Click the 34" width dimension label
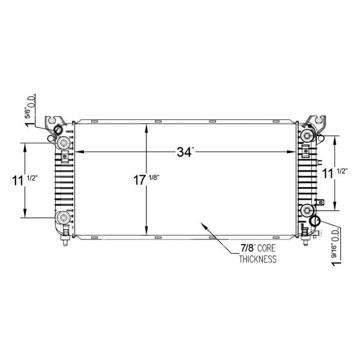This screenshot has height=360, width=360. pyautogui.click(x=185, y=152)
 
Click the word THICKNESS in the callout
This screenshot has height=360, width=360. pyautogui.click(x=258, y=260)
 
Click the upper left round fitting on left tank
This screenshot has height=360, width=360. pyautogui.click(x=63, y=142)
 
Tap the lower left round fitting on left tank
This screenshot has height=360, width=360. pyautogui.click(x=63, y=217)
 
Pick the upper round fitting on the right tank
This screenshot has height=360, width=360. pyautogui.click(x=307, y=136)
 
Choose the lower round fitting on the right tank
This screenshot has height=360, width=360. pyautogui.click(x=307, y=210)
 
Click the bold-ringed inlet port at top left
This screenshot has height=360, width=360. pyautogui.click(x=58, y=130)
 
